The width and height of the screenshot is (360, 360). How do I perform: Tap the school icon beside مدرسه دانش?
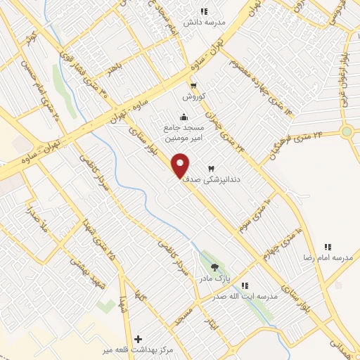(204, 11)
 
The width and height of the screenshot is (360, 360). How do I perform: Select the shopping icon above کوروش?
(193, 86)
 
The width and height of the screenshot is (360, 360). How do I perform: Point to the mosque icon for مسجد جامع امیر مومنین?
(184, 117)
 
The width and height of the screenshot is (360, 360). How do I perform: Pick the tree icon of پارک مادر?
(214, 266)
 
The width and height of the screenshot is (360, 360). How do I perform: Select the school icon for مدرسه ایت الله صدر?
(245, 285)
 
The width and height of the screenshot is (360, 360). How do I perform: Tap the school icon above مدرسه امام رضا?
(328, 247)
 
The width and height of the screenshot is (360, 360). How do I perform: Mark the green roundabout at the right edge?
(346, 131)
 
